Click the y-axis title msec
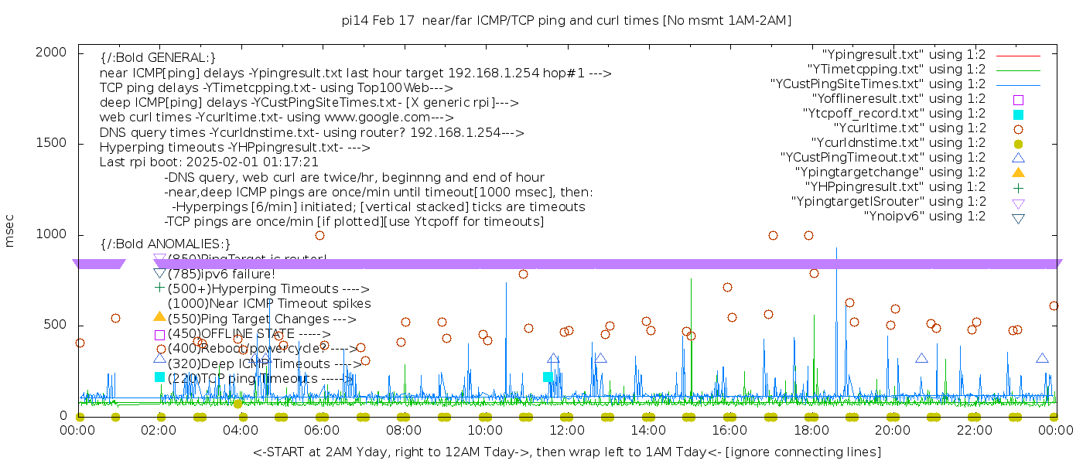pyautogui.click(x=10, y=230)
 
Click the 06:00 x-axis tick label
pyautogui.click(x=322, y=430)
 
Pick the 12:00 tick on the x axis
pyautogui.click(x=566, y=430)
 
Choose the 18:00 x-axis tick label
pyautogui.click(x=811, y=430)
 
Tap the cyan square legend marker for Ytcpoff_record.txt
pyautogui.click(x=1018, y=114)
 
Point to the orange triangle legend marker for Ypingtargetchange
pyautogui.click(x=1018, y=172)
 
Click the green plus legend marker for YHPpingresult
pyautogui.click(x=1018, y=187)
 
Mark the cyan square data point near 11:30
pyautogui.click(x=548, y=377)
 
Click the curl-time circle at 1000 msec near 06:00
pyautogui.click(x=319, y=235)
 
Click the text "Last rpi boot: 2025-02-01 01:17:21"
pyautogui.click(x=209, y=162)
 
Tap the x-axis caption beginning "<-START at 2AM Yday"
pyautogui.click(x=566, y=452)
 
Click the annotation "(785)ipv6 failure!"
pyautogui.click(x=221, y=274)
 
